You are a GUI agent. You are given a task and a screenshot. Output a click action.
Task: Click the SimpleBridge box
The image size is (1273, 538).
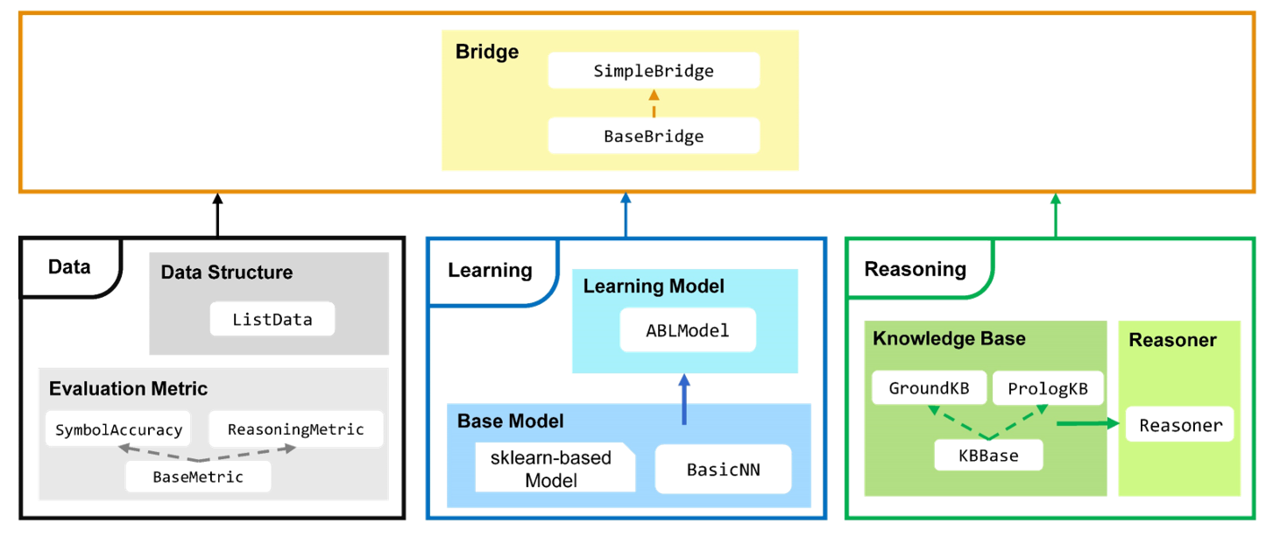click(x=654, y=70)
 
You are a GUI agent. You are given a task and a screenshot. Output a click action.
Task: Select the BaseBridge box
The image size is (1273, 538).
click(x=654, y=136)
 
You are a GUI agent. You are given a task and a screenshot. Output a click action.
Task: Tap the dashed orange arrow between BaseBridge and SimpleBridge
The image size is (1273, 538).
click(x=654, y=103)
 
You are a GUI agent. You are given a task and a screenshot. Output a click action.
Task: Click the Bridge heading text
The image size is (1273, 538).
click(x=487, y=52)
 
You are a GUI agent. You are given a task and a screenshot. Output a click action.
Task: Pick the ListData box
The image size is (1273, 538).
click(x=272, y=319)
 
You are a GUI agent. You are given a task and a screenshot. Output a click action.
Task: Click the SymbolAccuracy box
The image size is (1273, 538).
click(x=118, y=429)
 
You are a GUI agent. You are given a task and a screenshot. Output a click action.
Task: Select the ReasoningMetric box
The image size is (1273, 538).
click(x=296, y=429)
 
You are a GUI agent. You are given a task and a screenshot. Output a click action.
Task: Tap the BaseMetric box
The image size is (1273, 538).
click(x=198, y=477)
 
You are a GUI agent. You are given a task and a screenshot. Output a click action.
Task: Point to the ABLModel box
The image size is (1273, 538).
click(x=688, y=331)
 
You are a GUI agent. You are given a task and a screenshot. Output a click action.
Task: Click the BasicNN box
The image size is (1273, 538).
click(x=723, y=469)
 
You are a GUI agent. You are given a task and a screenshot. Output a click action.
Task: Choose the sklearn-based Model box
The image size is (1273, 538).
click(x=552, y=469)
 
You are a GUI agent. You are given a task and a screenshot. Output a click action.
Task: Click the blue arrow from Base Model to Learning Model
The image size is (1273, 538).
click(x=684, y=400)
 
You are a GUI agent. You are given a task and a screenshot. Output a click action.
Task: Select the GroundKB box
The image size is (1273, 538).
click(x=929, y=388)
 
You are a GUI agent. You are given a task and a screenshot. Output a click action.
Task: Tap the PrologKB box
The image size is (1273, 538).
click(x=1048, y=388)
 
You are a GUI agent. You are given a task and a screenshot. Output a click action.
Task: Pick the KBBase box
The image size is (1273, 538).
click(x=989, y=456)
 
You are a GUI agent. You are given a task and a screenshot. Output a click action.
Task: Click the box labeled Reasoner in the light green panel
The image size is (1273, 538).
click(x=1179, y=425)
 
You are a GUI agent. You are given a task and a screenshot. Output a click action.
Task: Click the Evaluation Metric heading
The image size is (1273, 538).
click(x=128, y=388)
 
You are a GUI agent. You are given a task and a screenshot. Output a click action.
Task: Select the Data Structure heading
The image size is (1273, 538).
click(x=226, y=273)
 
